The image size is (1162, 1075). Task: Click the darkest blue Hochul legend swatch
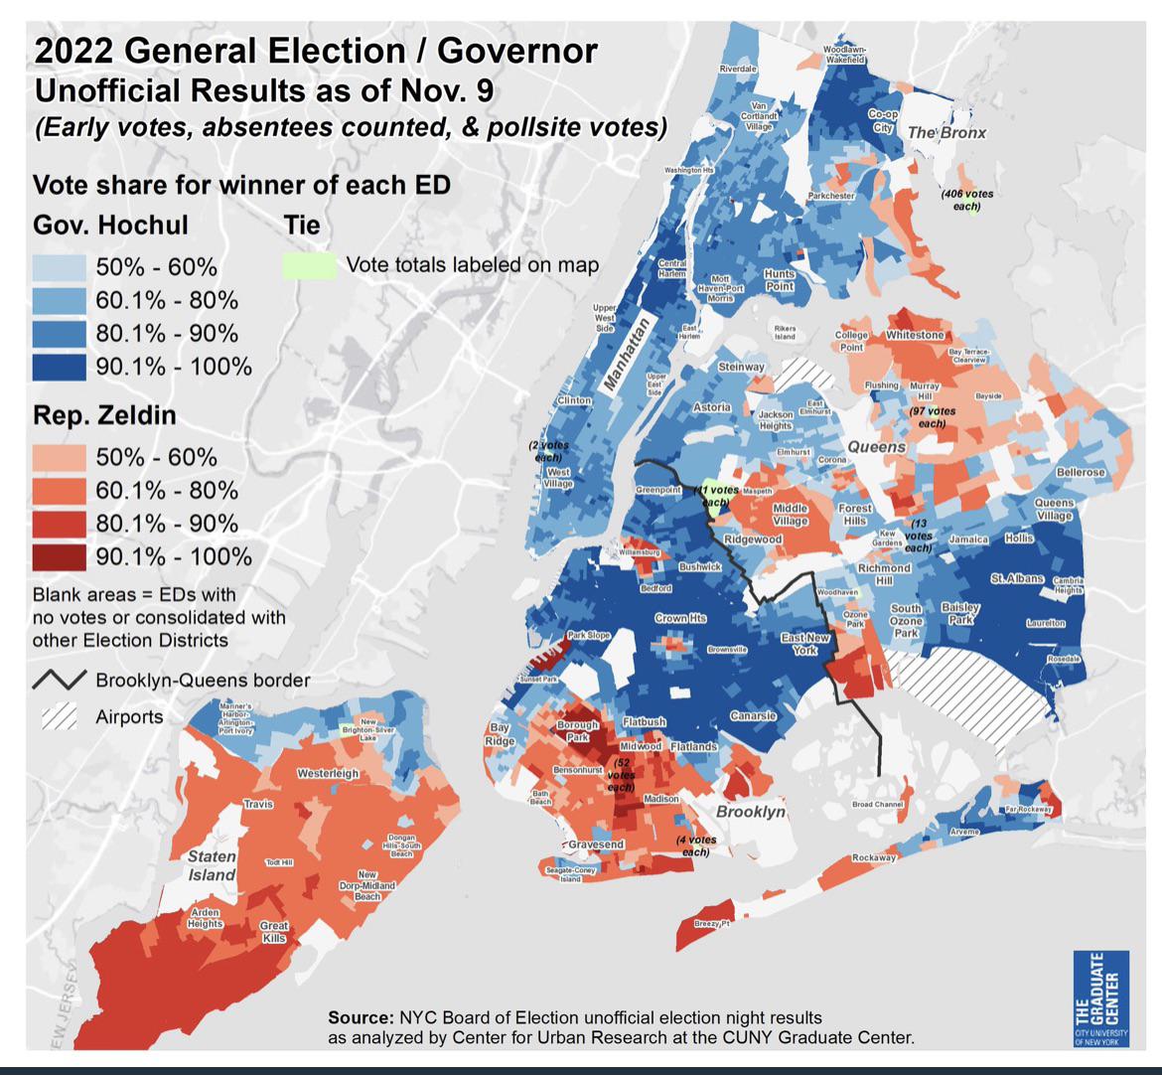(x=60, y=366)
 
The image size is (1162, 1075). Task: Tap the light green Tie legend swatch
(x=309, y=265)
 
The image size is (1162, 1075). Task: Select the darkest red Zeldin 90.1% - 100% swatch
(x=60, y=556)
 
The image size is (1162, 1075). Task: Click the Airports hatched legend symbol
(x=60, y=716)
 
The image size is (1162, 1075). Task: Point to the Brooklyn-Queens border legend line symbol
(x=60, y=681)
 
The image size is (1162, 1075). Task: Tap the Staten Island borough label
(x=213, y=865)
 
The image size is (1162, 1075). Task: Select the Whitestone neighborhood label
(x=915, y=335)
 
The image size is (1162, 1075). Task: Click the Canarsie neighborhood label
(x=753, y=715)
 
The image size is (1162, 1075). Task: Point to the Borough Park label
(x=577, y=731)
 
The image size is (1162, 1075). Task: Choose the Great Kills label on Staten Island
(x=273, y=931)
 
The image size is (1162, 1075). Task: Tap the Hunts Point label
(x=780, y=279)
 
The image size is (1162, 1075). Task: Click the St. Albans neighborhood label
(x=1016, y=578)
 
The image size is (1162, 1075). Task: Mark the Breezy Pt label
(x=712, y=924)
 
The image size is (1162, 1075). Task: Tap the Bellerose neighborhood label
(x=1081, y=472)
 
